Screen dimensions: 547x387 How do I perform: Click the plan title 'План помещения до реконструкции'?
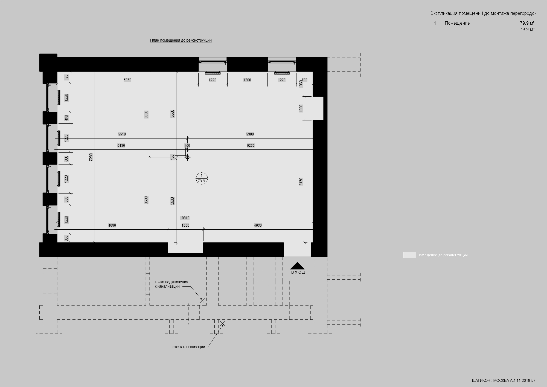click(x=181, y=41)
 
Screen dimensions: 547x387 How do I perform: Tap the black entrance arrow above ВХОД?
click(x=297, y=266)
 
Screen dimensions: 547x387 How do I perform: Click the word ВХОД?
click(x=298, y=273)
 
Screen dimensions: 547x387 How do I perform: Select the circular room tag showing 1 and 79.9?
click(x=202, y=178)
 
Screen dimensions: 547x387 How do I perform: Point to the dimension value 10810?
click(x=185, y=218)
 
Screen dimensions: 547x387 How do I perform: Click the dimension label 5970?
click(x=127, y=80)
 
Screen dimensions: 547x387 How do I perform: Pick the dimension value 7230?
click(x=91, y=157)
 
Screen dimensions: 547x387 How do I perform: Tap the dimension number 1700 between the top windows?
click(x=247, y=80)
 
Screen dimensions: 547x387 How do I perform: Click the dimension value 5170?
click(x=301, y=181)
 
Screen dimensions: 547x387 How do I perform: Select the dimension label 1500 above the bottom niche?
click(x=185, y=226)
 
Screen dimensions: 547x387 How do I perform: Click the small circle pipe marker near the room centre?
click(x=187, y=157)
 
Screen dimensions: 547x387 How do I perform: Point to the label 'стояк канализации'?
click(x=189, y=347)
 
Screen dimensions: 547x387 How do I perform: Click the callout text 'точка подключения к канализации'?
click(x=171, y=284)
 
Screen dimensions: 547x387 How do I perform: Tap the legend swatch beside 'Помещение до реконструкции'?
click(x=409, y=255)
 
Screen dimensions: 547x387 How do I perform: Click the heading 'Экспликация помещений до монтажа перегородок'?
click(x=483, y=13)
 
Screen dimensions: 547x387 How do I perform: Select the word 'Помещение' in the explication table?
click(x=457, y=23)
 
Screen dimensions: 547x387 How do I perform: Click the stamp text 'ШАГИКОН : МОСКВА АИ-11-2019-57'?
click(x=504, y=380)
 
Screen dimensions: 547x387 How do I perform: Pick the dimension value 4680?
click(x=112, y=226)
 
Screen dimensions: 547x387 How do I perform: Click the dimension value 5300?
click(x=250, y=134)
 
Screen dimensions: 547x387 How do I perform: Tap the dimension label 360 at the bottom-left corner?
click(x=66, y=238)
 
